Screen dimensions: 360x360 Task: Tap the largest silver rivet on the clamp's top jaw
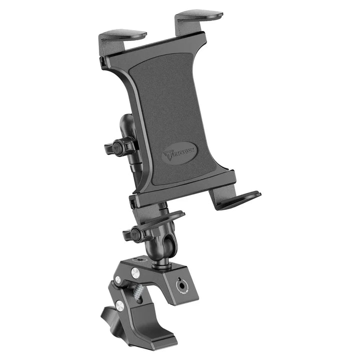click(135, 272)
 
